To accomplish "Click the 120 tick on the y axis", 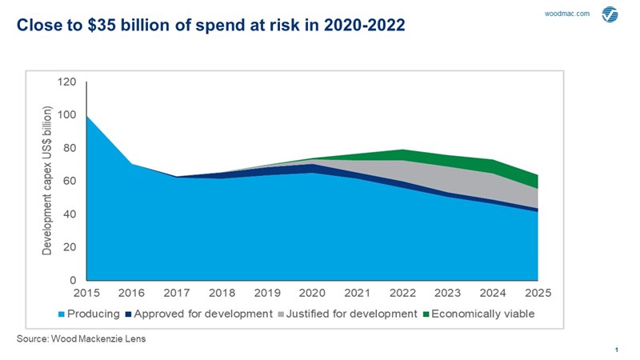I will (x=66, y=82).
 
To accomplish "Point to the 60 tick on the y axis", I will (x=70, y=182).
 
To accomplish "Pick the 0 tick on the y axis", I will (x=73, y=281).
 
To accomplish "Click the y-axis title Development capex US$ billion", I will (x=47, y=181).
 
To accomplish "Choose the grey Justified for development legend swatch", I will (x=282, y=314).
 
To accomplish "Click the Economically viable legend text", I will (x=483, y=314).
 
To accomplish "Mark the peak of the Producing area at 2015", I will (x=86, y=116).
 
